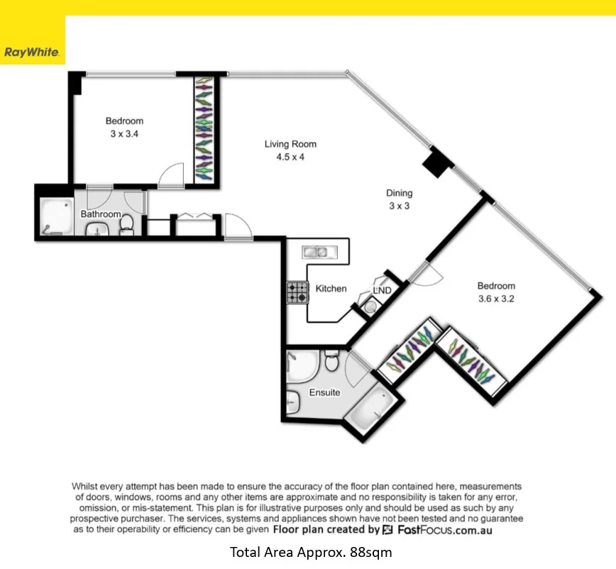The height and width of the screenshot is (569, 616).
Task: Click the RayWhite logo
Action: click(32, 52)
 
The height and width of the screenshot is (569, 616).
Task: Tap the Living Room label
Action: click(290, 144)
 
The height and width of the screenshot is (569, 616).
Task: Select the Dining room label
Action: click(399, 193)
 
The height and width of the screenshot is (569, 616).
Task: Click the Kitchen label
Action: click(331, 288)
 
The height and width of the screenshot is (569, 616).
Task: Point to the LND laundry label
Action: click(382, 289)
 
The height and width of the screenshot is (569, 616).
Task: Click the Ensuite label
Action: click(324, 392)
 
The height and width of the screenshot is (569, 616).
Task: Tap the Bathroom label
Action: click(100, 214)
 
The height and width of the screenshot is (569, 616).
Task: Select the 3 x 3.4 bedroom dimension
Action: click(124, 133)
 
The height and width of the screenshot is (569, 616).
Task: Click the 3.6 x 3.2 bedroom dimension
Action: click(495, 299)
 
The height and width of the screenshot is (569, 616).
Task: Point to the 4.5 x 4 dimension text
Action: click(290, 157)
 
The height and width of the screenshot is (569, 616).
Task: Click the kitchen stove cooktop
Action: click(297, 292)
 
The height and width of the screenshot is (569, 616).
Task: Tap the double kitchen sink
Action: click(314, 251)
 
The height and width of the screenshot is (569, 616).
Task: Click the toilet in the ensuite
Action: click(330, 363)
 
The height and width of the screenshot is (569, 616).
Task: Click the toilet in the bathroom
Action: click(126, 225)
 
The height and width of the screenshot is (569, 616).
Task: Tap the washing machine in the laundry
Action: click(368, 307)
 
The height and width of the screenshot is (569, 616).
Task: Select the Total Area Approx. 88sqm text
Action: click(310, 551)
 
